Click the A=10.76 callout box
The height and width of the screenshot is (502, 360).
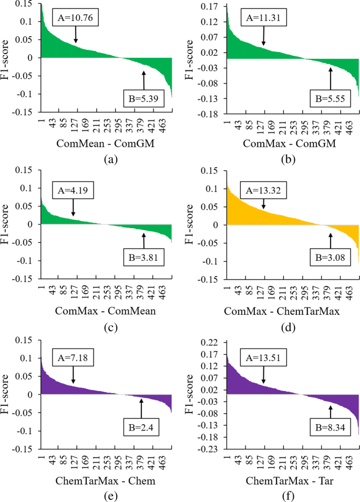point(76,17)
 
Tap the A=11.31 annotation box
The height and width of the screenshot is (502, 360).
point(263,17)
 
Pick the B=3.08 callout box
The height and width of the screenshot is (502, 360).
point(330,258)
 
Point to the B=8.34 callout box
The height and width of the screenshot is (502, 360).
point(330,426)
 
